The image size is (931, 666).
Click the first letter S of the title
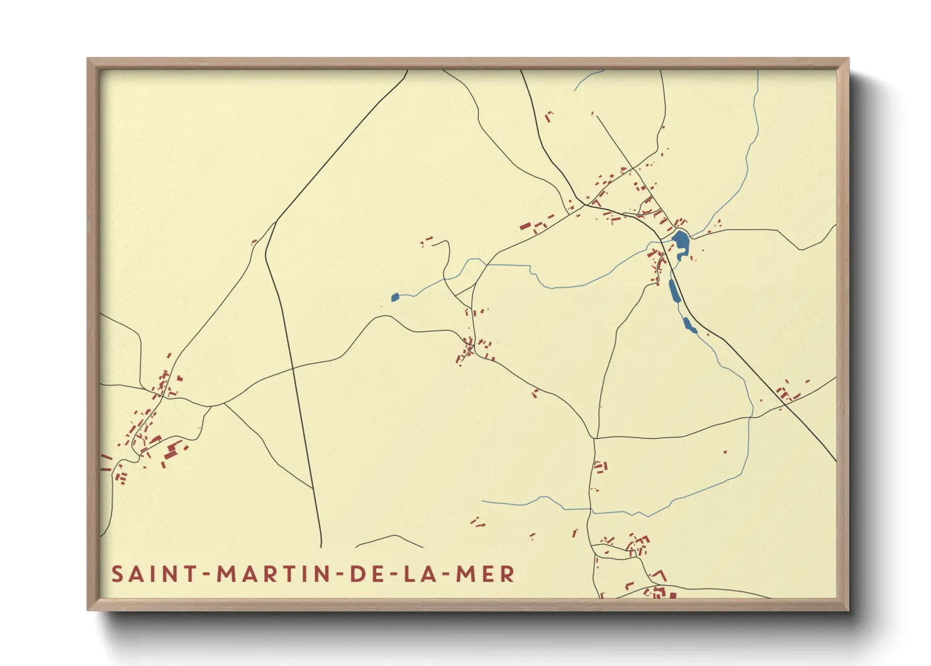117,574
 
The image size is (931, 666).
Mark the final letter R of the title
508,574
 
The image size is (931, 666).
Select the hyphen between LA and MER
443,575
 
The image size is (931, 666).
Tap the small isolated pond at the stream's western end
394,297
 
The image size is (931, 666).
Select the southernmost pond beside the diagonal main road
689,325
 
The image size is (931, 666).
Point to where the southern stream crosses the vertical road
590,509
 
